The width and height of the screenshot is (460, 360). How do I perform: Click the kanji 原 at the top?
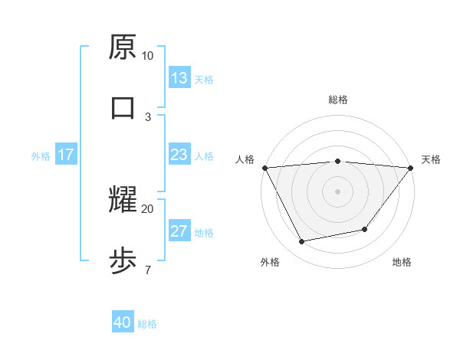pos(123,48)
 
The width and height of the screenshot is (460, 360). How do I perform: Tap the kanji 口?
pos(123,107)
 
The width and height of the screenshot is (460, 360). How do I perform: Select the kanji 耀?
pos(123,200)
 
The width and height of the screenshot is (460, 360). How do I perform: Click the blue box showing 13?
pos(179,78)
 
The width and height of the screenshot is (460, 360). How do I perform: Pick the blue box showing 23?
pos(179,155)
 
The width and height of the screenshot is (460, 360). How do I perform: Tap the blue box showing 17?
pos(66,155)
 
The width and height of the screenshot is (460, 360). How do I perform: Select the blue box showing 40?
pos(123,323)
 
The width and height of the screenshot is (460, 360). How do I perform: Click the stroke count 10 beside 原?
pos(148,56)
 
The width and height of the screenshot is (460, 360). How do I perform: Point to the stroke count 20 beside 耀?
pos(148,208)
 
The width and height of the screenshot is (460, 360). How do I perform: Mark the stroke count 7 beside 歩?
pos(148,270)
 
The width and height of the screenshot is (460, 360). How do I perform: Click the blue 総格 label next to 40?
pos(148,324)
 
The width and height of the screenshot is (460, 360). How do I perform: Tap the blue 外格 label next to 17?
pos(41,156)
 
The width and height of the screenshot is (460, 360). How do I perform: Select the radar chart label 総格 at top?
pos(337,100)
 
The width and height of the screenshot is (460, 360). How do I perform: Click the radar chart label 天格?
pos(431,159)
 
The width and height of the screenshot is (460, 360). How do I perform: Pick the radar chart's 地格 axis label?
pos(402,262)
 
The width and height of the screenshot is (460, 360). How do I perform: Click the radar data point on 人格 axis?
pos(264,167)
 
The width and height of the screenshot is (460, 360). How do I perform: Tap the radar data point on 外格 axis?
pos(302,241)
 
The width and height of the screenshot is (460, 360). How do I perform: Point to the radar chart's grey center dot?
pos(337,191)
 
